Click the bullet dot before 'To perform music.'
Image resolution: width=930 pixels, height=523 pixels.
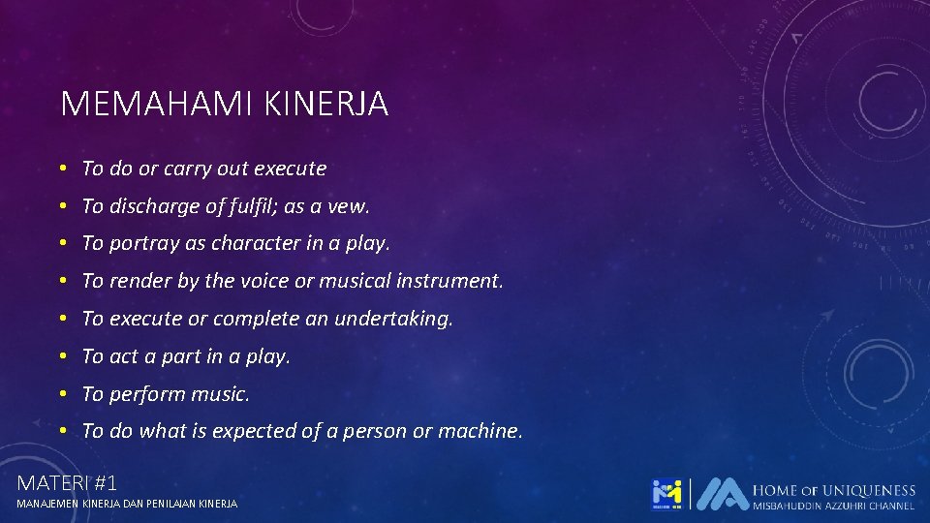pyautogui.click(x=62, y=394)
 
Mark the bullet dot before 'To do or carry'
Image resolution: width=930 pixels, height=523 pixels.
pyautogui.click(x=62, y=169)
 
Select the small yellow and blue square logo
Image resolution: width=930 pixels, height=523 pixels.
pyautogui.click(x=666, y=494)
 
